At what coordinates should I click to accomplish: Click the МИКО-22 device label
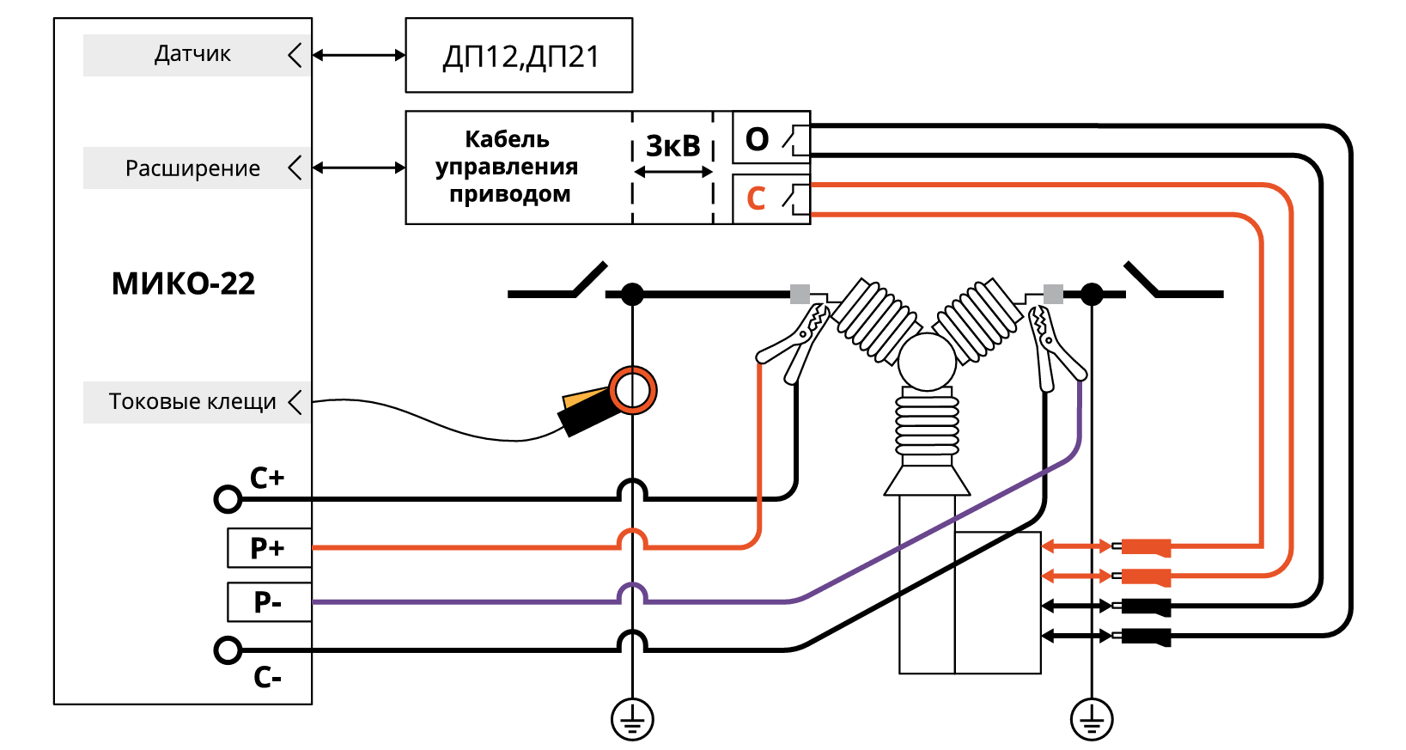pos(183,284)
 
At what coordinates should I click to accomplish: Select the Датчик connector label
pos(192,54)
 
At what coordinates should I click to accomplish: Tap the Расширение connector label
pos(192,168)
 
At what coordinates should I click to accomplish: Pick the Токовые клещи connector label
pos(192,401)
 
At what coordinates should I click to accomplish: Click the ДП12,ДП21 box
pos(519,56)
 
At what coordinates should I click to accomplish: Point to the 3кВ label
pos(673,146)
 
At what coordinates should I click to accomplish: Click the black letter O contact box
pos(770,138)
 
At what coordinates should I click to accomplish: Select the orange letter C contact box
pos(770,198)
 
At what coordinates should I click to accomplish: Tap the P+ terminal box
pos(268,548)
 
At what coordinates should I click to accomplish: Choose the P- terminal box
pos(268,602)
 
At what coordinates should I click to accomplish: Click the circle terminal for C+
pos(228,498)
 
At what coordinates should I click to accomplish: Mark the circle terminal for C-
pos(228,650)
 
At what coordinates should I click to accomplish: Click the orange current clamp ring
pos(633,390)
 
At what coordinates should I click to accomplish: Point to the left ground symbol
pos(632,719)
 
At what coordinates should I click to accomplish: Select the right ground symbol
pos(1092,719)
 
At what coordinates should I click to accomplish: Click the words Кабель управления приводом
pos(507,167)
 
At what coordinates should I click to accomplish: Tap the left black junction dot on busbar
pos(632,295)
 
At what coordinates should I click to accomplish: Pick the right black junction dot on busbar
pos(1092,295)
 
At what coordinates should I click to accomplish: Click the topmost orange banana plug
pos(1145,546)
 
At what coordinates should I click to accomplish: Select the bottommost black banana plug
pos(1145,637)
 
